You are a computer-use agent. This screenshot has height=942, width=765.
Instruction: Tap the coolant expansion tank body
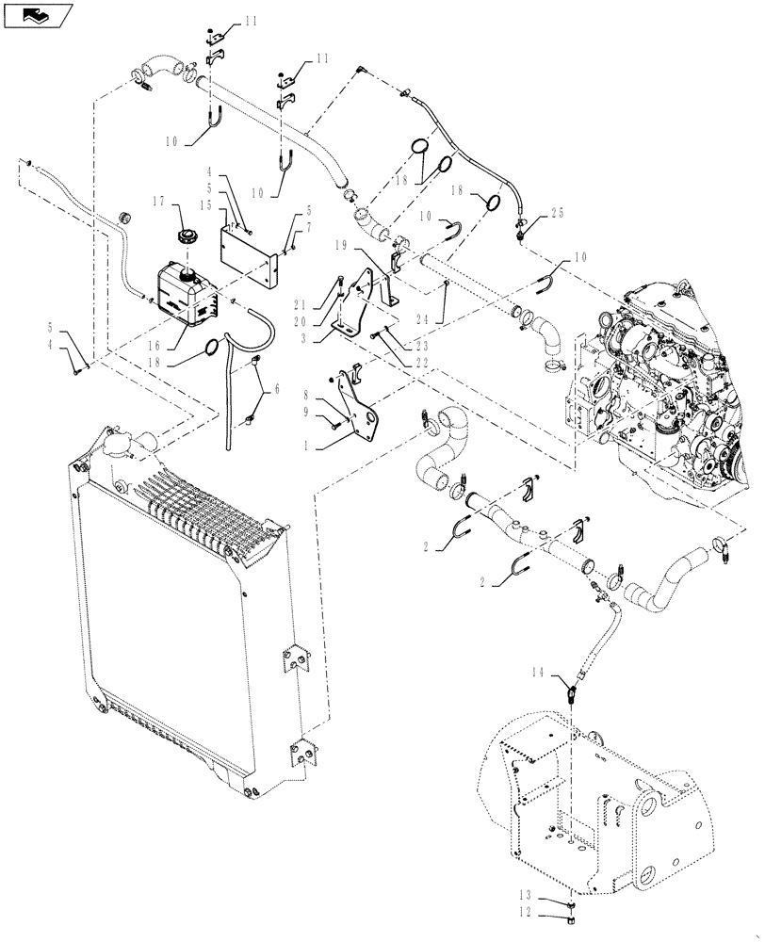(x=179, y=292)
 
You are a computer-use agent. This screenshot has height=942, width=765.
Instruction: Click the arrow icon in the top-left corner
(x=38, y=14)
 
